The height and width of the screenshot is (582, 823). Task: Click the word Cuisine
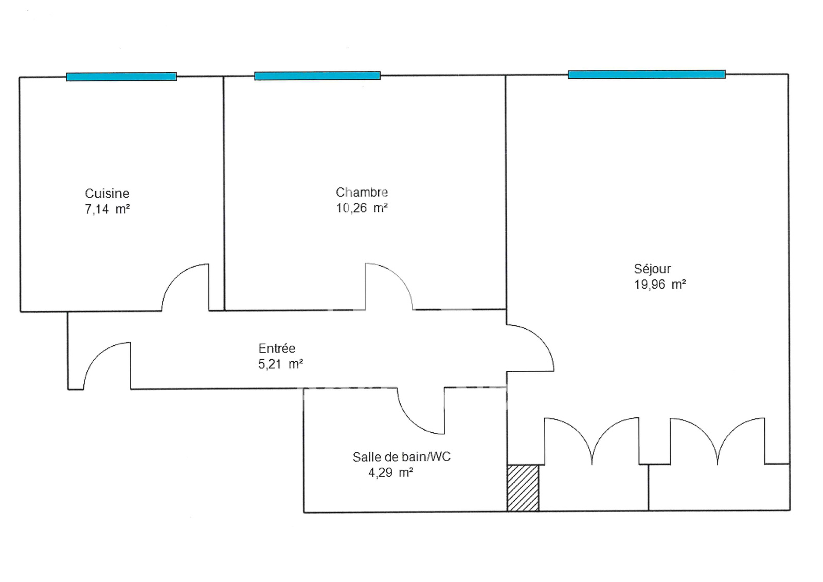pos(107,193)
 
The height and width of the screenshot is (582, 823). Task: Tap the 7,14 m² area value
pos(107,209)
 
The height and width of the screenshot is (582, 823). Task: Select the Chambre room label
pos(362,192)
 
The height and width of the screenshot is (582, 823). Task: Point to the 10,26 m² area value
pos(362,208)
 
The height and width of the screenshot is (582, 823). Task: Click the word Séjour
pos(652,269)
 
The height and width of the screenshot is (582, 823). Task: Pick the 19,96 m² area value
pos(660,285)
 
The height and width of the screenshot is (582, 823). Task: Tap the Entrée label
pos(277,348)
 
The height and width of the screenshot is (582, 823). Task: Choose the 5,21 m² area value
pos(280,364)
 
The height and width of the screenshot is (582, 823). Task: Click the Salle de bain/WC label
pos(401,457)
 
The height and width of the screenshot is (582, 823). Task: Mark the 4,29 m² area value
pos(390,472)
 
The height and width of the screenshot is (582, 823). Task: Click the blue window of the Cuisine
pos(121,77)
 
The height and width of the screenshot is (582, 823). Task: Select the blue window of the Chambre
pos(317,76)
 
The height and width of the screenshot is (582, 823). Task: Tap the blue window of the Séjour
pos(647,75)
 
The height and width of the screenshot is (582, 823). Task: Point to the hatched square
pos(523,488)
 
